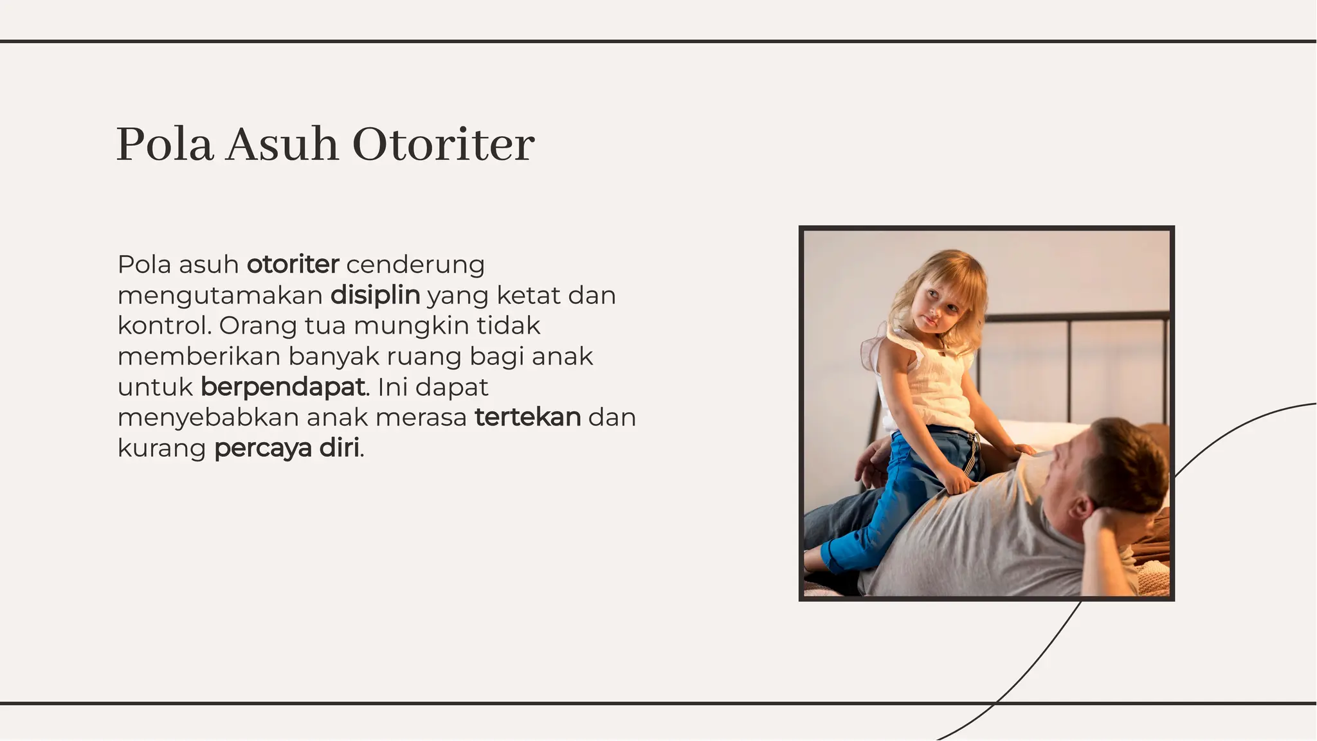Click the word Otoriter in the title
443,144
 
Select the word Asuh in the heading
282,144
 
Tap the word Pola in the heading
165,144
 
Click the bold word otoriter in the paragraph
293,264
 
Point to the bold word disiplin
375,295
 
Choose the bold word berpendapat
282,387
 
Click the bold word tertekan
527,417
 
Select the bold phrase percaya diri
287,448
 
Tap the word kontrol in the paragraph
163,325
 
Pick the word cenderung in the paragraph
415,264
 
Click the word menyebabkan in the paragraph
208,417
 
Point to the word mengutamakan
220,295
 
